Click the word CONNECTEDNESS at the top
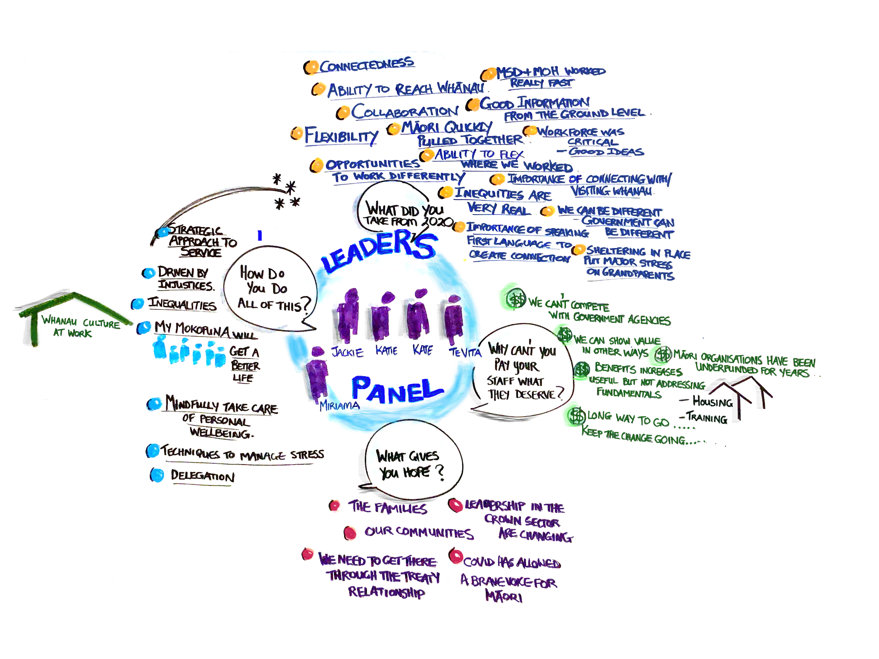tap(366, 65)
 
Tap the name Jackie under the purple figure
tap(347, 352)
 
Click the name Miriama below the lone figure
tap(340, 406)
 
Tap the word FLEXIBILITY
tap(341, 136)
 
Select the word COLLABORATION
tap(405, 112)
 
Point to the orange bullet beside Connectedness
tap(311, 67)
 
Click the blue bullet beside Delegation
tap(157, 475)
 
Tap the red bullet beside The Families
tap(335, 506)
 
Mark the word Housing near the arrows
tap(713, 402)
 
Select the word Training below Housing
tap(707, 418)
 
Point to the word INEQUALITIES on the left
tap(182, 304)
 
